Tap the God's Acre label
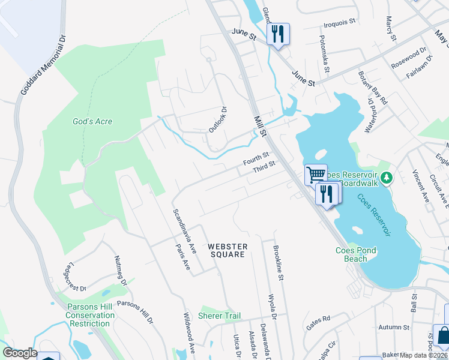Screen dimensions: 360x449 tap(92, 121)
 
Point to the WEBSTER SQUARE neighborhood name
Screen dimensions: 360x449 tap(226, 250)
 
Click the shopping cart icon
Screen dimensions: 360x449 tap(315, 175)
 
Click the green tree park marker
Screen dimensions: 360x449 tap(387, 177)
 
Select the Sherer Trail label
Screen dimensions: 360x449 tap(219, 316)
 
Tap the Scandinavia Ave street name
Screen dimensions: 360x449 tap(185, 230)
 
